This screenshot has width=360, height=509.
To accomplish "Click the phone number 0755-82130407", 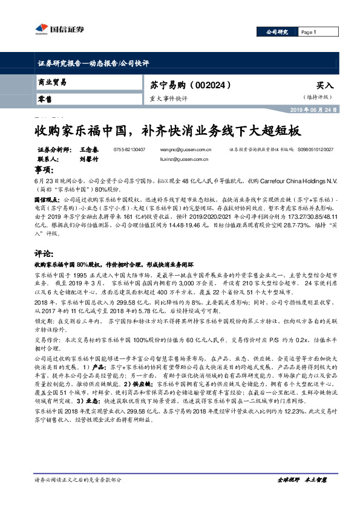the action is (129, 149).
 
